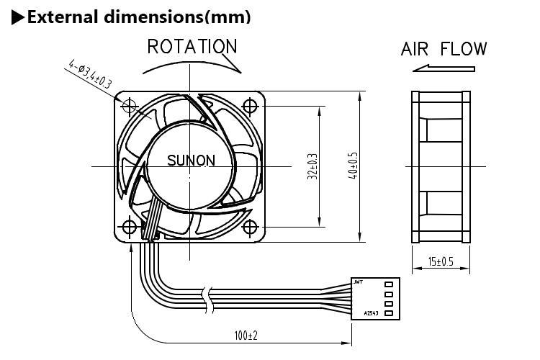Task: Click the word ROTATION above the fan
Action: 192,48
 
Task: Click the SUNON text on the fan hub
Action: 191,161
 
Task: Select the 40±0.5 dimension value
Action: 353,166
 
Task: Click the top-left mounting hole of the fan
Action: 130,105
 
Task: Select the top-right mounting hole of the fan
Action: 251,105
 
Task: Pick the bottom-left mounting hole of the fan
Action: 130,226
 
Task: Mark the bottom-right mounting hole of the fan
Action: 251,226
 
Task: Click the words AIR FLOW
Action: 444,49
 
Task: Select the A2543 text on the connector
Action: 369,314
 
